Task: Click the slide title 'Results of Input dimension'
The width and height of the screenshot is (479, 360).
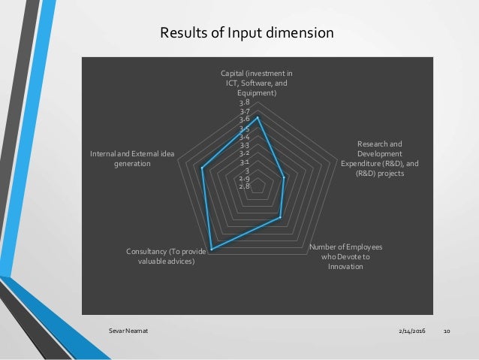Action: coord(247,33)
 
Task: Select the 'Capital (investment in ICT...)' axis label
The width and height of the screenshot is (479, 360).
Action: coord(258,83)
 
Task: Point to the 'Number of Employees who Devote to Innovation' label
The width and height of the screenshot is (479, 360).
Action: coord(346,256)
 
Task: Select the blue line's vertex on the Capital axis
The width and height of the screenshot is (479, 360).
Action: coord(258,117)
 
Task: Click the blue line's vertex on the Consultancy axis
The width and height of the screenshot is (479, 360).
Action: coord(212,249)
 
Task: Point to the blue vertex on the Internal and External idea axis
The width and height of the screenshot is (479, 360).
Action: coord(203,169)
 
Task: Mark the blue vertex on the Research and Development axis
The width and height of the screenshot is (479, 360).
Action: coord(284,178)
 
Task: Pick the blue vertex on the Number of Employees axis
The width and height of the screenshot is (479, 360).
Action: coord(279,217)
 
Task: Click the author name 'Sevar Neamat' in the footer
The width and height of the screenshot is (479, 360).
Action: coord(121,331)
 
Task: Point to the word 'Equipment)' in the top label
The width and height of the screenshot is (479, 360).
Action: coord(258,93)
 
